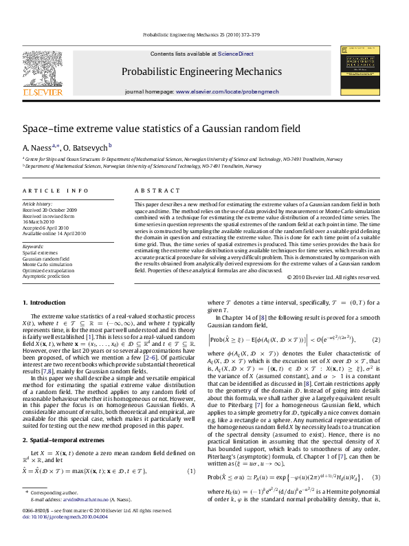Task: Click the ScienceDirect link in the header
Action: pos(236,54)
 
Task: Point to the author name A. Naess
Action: pos(33,148)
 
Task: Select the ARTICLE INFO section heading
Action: pos(56,190)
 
